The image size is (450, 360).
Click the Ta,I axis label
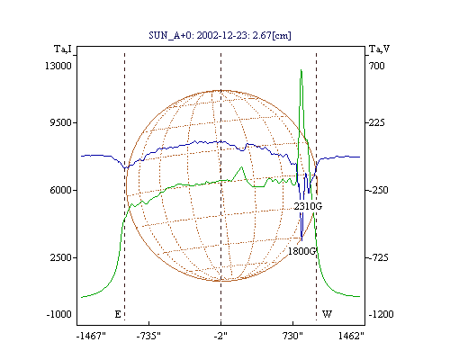(x=63, y=49)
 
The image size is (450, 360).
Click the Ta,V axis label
(x=379, y=49)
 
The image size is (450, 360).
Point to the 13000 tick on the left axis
(x=58, y=66)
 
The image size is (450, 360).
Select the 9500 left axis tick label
(x=61, y=122)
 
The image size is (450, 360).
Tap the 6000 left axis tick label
(x=61, y=190)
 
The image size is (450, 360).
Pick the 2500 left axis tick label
(x=61, y=257)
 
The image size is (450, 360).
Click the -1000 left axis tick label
(x=59, y=314)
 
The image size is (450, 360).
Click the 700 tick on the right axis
(x=377, y=66)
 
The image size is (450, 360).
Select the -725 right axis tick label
(x=378, y=257)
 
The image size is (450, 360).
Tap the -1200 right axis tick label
(x=381, y=314)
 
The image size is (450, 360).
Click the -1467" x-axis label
(x=91, y=336)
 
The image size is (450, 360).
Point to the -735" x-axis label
(x=148, y=336)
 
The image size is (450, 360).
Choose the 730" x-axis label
(x=292, y=336)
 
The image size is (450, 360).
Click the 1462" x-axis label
(x=351, y=336)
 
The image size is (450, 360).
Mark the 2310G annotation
(x=308, y=206)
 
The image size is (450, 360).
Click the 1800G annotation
(x=302, y=251)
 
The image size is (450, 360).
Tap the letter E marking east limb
(x=118, y=314)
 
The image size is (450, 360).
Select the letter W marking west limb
(x=327, y=314)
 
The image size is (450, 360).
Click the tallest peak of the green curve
(x=301, y=70)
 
